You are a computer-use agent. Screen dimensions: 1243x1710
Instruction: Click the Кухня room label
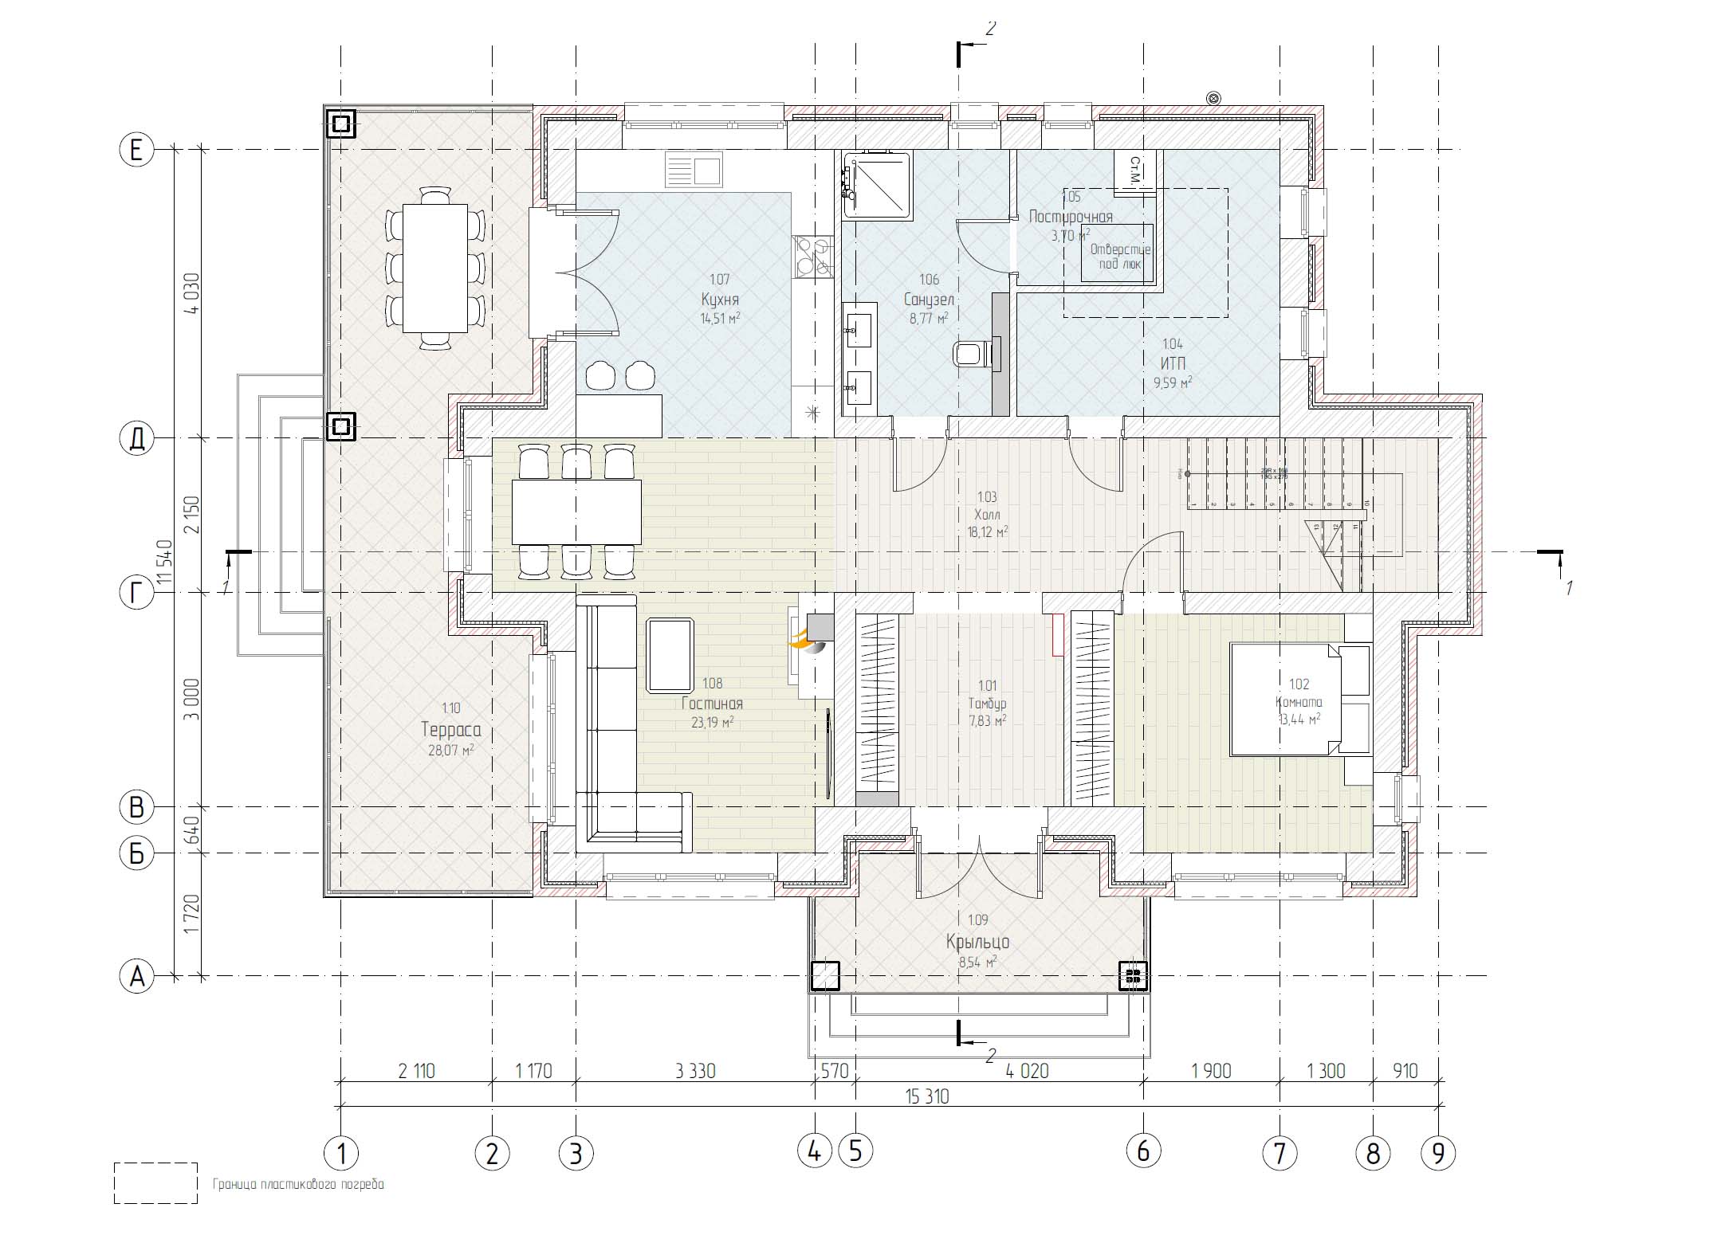(720, 300)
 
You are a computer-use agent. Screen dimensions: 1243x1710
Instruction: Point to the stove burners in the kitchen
(812, 257)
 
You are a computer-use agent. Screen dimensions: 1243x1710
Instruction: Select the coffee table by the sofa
(670, 655)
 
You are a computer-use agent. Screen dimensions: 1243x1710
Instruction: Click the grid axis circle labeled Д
(136, 438)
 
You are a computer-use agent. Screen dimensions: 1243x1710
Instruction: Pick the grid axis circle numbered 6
(1142, 1151)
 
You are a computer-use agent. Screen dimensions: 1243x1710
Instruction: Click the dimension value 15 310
(926, 1097)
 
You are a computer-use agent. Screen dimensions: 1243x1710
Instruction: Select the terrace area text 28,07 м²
(450, 750)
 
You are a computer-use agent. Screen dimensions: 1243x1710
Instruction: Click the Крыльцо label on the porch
(978, 942)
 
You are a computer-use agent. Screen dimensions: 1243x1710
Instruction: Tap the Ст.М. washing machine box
(1134, 170)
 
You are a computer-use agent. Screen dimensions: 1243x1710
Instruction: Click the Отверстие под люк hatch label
(1119, 256)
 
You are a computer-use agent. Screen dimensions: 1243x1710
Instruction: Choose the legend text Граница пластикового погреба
(298, 1185)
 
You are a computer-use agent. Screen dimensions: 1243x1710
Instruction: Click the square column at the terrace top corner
(341, 124)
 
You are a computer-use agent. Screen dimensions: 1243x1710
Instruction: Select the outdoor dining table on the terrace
(434, 268)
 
